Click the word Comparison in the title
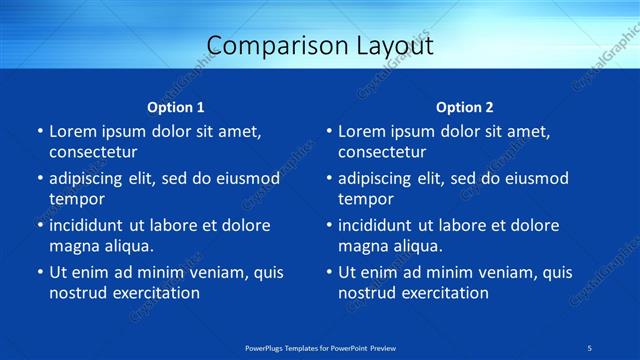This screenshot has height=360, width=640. tap(266, 46)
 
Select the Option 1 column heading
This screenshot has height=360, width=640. tap(176, 107)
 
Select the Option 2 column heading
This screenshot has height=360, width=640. tap(465, 107)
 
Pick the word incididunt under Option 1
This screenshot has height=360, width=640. tap(90, 226)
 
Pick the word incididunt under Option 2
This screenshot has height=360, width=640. tap(379, 226)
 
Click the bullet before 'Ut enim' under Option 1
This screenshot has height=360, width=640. tap(39, 272)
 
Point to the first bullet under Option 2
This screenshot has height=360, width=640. tap(328, 131)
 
